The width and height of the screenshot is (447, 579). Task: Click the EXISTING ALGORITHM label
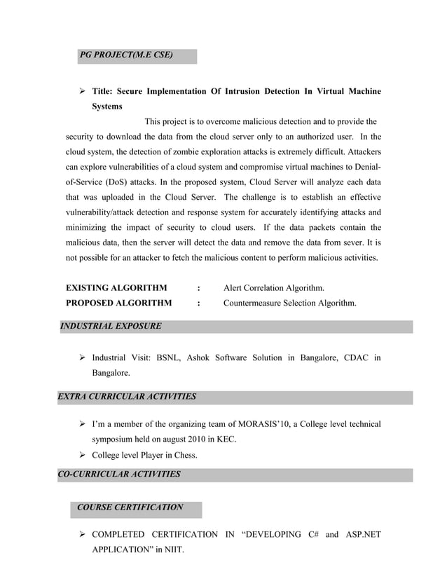116,288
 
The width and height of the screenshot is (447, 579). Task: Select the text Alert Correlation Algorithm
273,288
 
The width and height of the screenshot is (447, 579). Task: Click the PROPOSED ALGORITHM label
118,304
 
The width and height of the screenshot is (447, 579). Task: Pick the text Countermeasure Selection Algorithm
289,304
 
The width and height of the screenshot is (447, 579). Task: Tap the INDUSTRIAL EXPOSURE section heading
111,326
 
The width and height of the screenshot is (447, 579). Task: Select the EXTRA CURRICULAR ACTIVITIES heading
127,397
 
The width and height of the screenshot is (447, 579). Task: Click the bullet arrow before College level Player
82,455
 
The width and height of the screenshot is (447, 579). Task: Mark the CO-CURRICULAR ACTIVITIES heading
118,475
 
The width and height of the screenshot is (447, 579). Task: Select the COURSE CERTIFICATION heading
130,508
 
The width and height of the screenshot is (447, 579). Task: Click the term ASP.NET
362,535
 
